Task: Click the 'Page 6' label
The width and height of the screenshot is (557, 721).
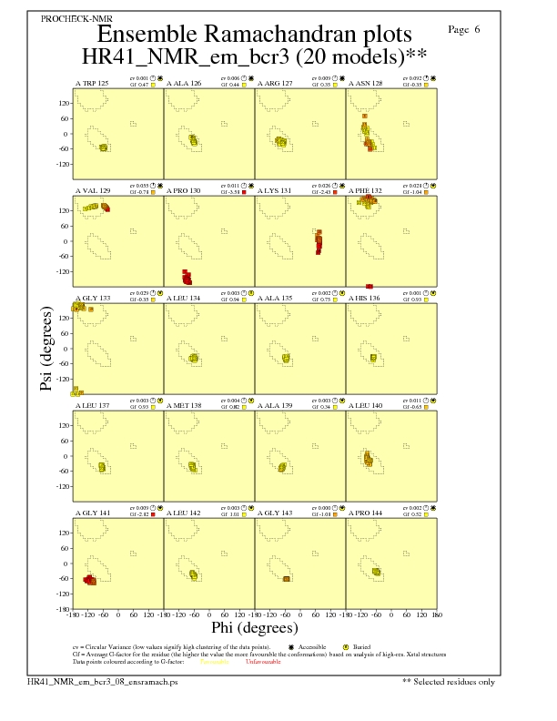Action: pos(464,29)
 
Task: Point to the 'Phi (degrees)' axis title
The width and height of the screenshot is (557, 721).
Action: pos(254,627)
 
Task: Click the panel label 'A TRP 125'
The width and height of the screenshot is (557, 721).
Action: pos(91,83)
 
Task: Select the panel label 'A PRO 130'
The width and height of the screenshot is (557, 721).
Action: pos(183,190)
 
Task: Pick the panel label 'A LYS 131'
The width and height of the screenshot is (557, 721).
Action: pos(274,190)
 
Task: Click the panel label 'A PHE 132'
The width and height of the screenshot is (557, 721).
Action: pos(365,190)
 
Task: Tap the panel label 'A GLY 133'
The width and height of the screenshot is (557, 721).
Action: pos(92,298)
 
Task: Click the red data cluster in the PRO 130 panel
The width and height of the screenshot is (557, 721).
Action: pos(187,278)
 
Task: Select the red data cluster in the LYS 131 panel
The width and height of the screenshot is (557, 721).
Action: pos(319,241)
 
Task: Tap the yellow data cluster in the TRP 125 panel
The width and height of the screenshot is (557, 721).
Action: pos(103,147)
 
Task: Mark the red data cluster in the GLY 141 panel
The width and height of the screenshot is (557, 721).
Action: pos(90,580)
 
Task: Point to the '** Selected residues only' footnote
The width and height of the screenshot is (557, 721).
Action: pos(449,681)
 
